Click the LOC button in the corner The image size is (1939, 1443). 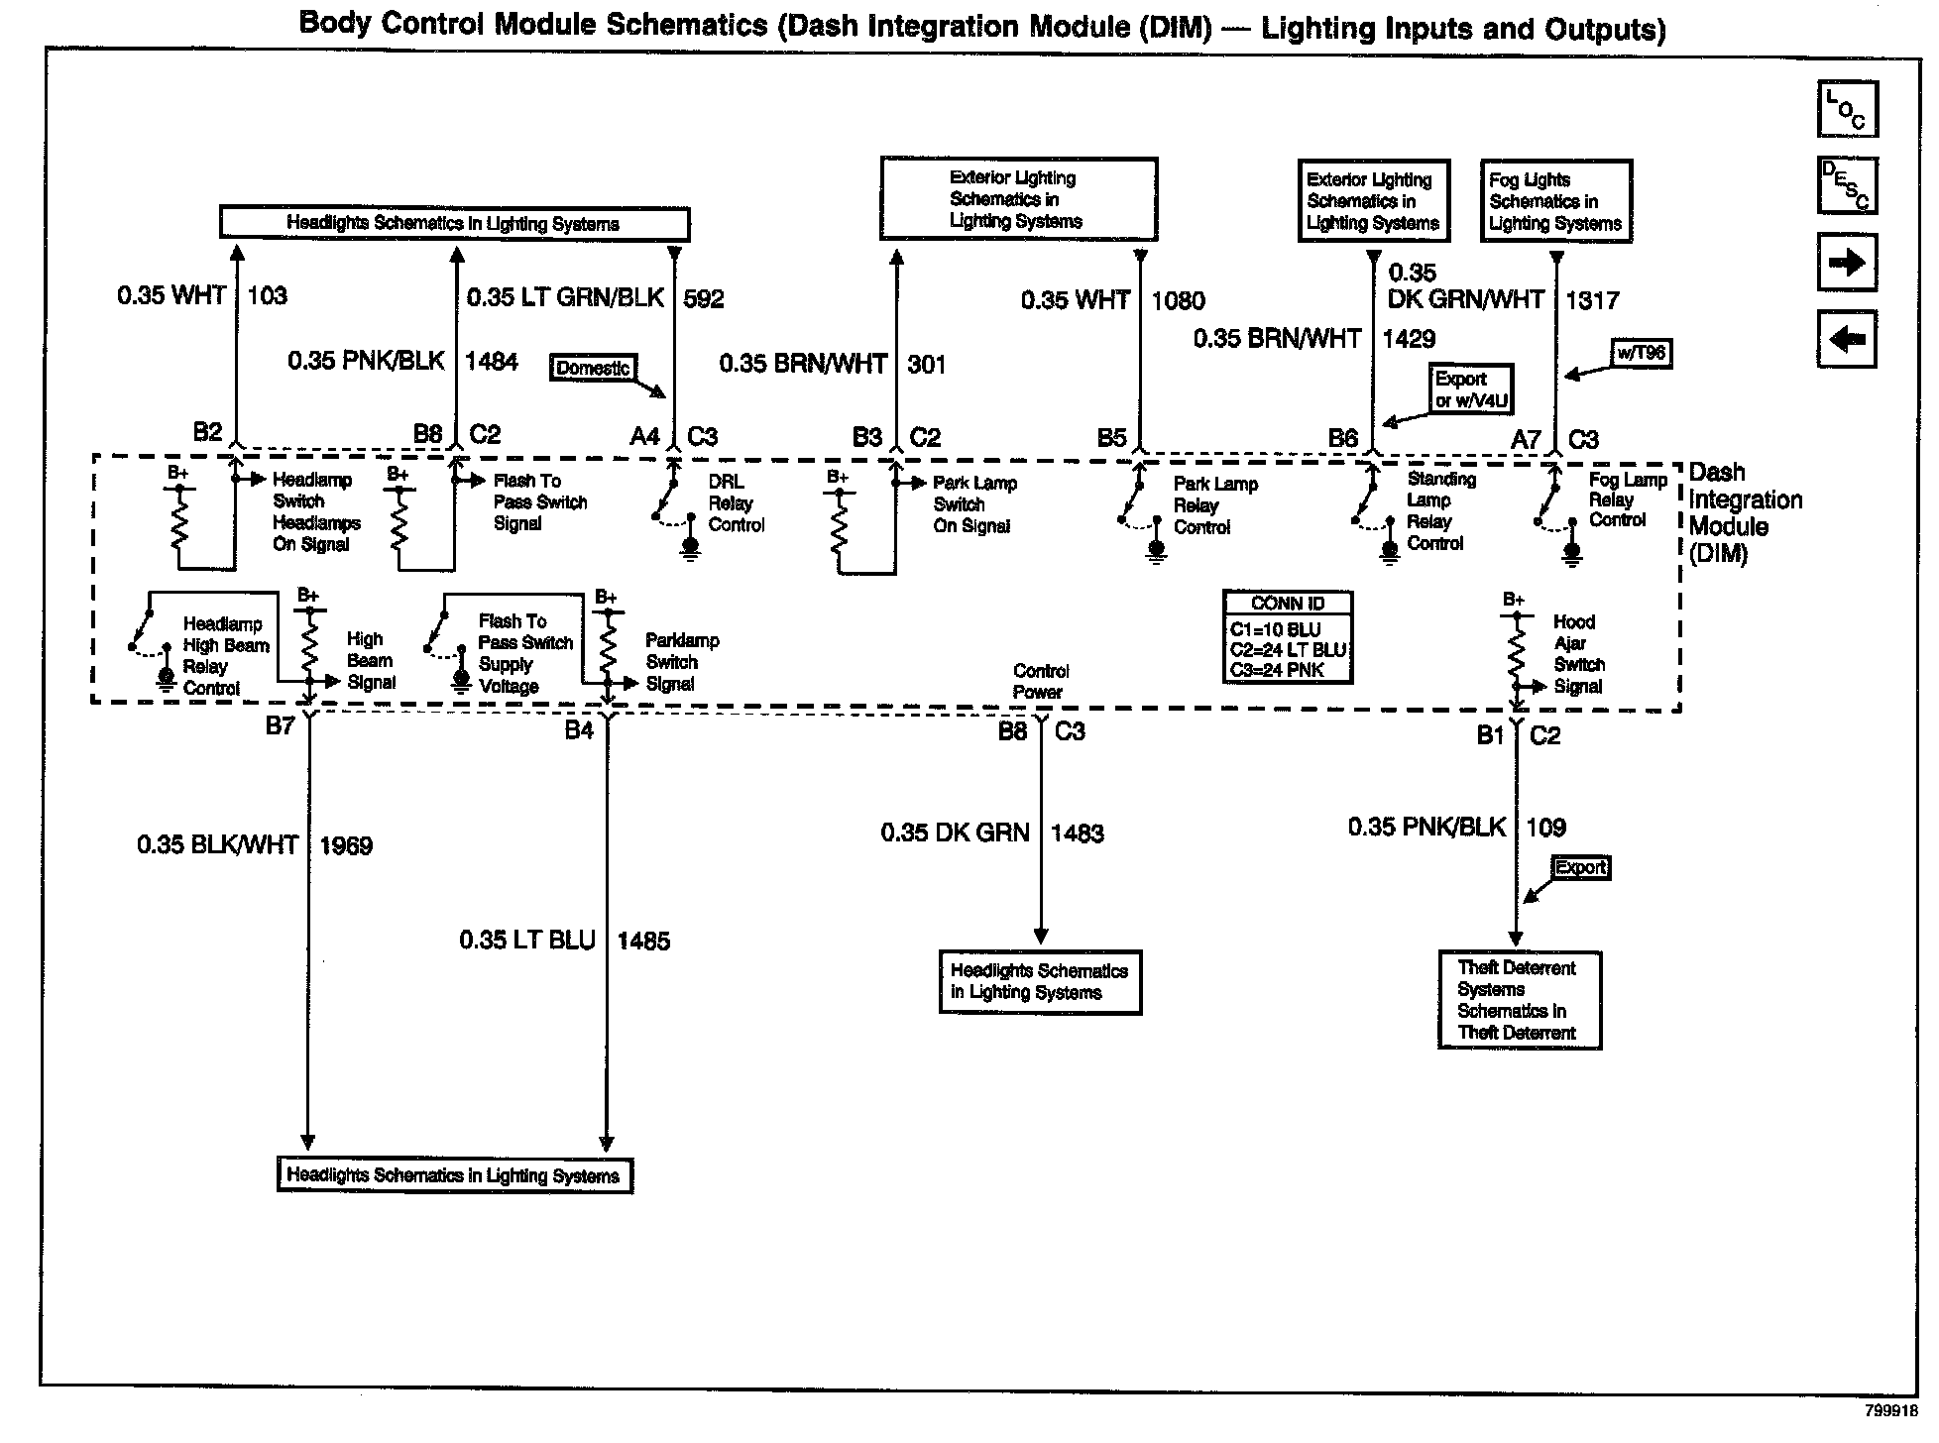(x=1847, y=109)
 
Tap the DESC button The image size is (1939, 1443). (x=1847, y=185)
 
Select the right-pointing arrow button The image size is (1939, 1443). (x=1847, y=263)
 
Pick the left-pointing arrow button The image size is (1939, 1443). (x=1847, y=340)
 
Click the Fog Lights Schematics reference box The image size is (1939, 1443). (x=1555, y=201)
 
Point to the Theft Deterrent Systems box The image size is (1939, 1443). (x=1519, y=1000)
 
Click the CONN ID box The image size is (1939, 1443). (x=1288, y=637)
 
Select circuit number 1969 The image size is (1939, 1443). (x=346, y=846)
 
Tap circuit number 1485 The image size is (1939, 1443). (x=643, y=941)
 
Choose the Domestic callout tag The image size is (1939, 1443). (x=592, y=369)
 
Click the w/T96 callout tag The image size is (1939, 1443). (x=1641, y=354)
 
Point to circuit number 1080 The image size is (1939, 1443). (x=1178, y=301)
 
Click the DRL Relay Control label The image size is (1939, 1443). (x=736, y=503)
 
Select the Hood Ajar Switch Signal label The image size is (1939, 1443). (x=1578, y=654)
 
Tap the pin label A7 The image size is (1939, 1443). (x=1526, y=440)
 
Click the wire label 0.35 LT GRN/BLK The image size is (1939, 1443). (x=565, y=298)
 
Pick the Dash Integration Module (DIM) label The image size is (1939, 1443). (x=1745, y=512)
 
